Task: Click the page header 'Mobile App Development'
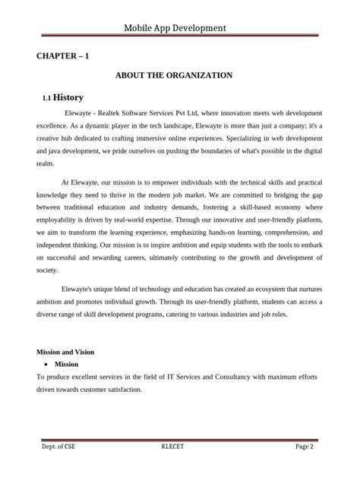179,29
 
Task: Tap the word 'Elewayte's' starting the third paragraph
82,289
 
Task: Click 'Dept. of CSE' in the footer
58,447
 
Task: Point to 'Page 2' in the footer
304,447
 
